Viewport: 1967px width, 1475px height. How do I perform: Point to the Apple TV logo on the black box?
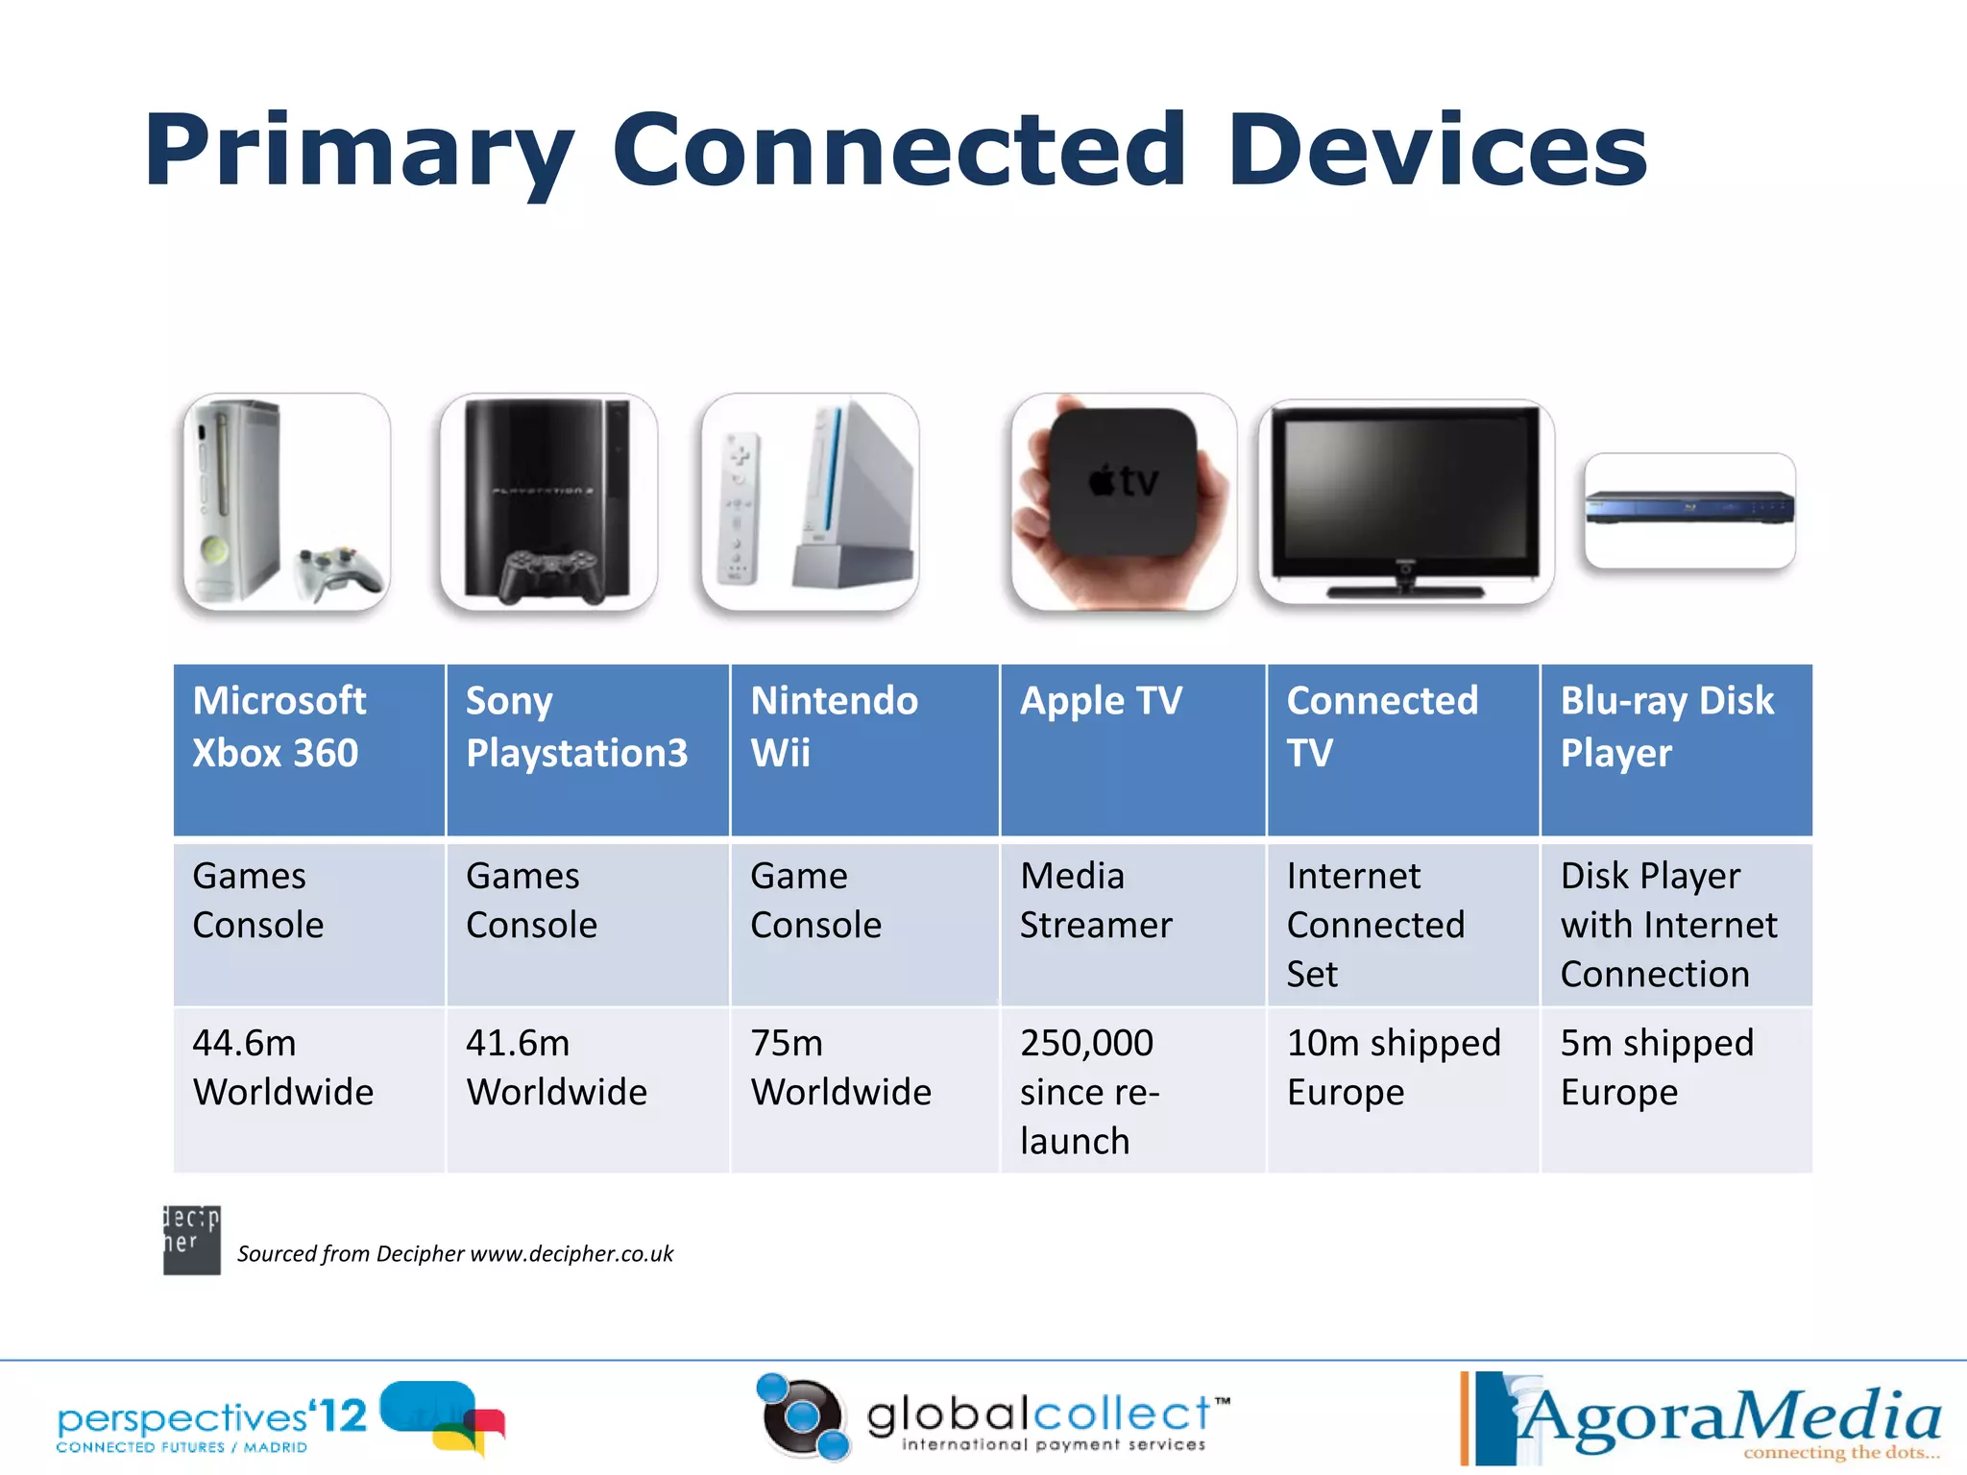(1124, 480)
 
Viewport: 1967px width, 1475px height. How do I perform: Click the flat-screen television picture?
(1405, 499)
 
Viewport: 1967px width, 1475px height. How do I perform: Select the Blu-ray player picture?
(1689, 509)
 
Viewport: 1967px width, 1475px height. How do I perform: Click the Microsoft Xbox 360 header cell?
(308, 749)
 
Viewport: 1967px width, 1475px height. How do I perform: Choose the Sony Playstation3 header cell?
(587, 749)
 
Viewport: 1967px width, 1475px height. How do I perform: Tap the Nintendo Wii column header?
(863, 749)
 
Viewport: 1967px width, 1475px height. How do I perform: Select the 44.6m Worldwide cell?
(308, 1089)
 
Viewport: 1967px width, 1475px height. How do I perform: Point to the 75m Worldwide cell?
(863, 1089)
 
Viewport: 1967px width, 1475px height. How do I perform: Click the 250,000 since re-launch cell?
(1132, 1091)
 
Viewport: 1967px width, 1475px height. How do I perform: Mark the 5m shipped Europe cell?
(1675, 1089)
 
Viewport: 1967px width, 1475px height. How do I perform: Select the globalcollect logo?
(994, 1419)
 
